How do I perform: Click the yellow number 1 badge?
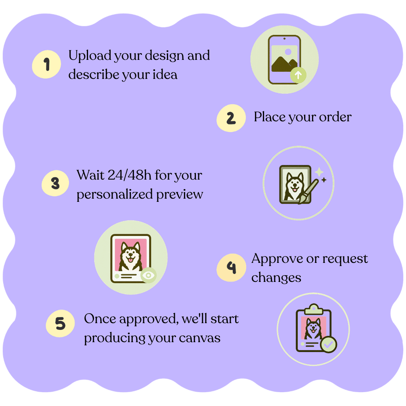coord(46,64)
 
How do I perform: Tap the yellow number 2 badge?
coord(231,118)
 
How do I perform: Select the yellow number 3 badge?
coord(55,183)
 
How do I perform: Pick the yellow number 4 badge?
coord(231,268)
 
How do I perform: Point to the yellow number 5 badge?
coord(60,324)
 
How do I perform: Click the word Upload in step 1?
coord(90,56)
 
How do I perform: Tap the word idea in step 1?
coord(165,75)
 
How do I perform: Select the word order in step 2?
coord(335,117)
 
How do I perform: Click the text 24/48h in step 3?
coord(130,175)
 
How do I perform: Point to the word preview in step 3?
coord(180,195)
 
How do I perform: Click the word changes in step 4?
coord(276,278)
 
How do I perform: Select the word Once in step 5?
coord(100,319)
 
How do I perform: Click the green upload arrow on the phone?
coord(298,75)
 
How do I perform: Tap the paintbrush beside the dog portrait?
coord(308,191)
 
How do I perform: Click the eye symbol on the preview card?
coord(148,275)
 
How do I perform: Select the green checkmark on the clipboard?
coord(328,345)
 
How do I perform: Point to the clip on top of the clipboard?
coord(314,309)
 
